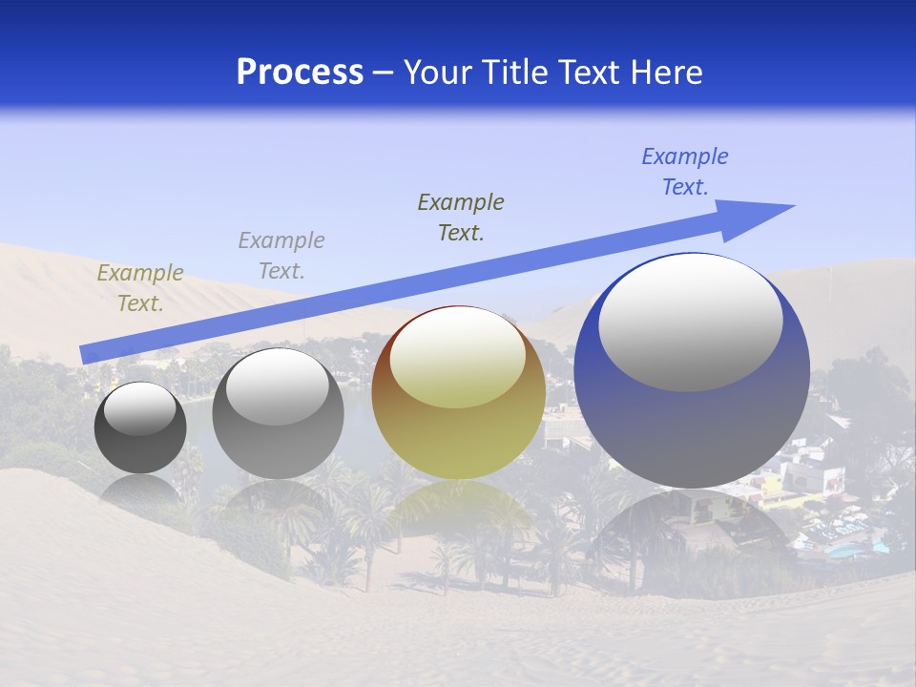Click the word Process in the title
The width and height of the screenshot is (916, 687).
pos(300,73)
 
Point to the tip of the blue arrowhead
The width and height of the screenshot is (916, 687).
pos(794,206)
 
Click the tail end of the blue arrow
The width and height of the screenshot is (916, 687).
pos(82,355)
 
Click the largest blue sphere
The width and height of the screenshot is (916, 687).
pos(692,420)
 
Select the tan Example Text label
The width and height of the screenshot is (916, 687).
pos(140,288)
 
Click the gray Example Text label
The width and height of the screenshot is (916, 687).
pos(281,256)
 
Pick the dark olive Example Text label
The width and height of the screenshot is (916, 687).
pos(461,218)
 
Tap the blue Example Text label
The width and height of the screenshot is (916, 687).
pos(685,172)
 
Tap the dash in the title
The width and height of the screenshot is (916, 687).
pos(384,73)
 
